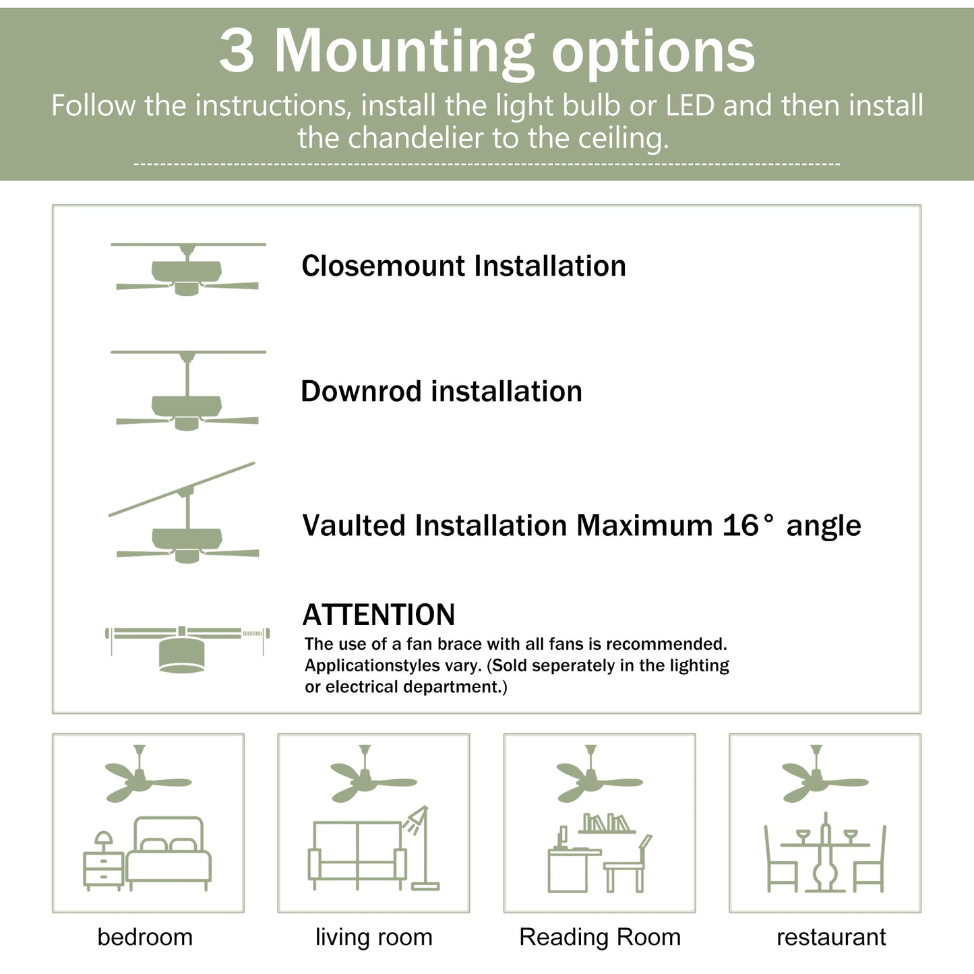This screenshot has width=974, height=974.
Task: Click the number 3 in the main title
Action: click(x=237, y=52)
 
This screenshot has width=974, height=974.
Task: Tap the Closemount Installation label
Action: click(x=464, y=266)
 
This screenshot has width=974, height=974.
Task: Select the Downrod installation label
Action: click(x=442, y=391)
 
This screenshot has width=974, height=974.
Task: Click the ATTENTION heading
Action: click(x=379, y=615)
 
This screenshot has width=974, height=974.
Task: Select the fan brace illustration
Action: click(x=187, y=647)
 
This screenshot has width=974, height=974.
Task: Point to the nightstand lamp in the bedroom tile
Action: click(x=104, y=841)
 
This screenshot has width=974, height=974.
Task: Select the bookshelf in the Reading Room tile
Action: click(x=607, y=823)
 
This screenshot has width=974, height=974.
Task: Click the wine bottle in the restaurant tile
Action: click(x=826, y=853)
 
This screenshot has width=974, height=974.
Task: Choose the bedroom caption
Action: click(x=145, y=937)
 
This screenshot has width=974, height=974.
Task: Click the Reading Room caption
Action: click(x=600, y=937)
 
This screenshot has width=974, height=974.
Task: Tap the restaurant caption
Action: click(x=831, y=937)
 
